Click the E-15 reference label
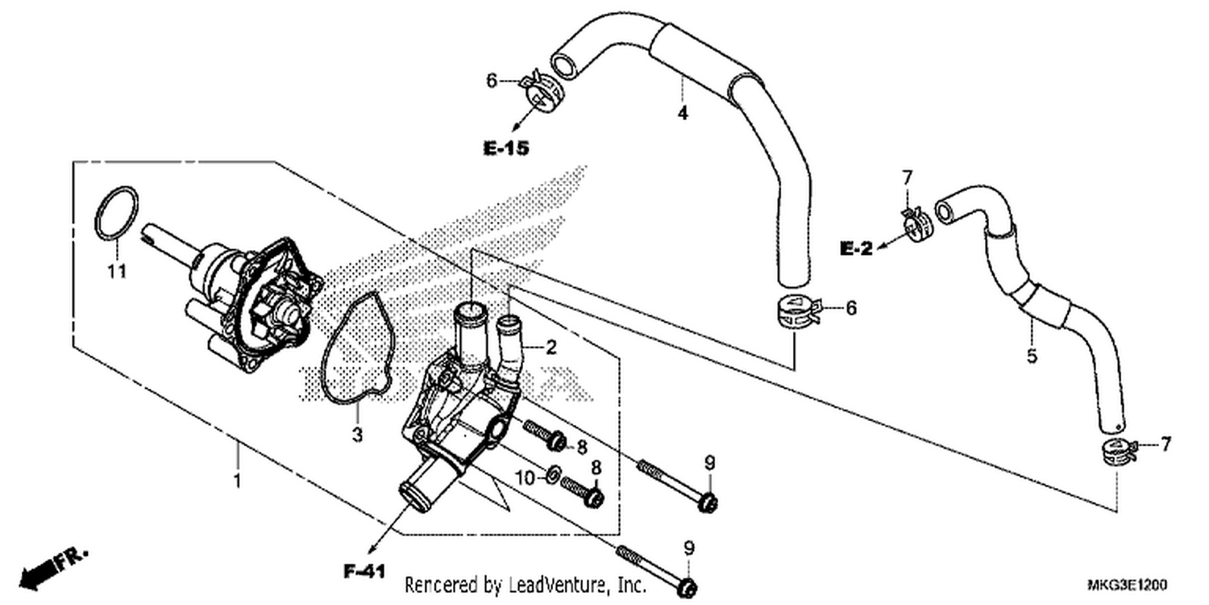(x=505, y=148)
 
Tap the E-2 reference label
(x=857, y=248)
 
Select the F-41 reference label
(x=365, y=571)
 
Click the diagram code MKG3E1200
(x=1127, y=585)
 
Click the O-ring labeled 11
(x=117, y=212)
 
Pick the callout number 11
(x=117, y=271)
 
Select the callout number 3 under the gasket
(x=357, y=434)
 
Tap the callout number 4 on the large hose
(x=683, y=114)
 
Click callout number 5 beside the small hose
(x=1032, y=356)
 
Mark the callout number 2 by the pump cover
(x=550, y=348)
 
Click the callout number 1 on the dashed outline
(x=236, y=481)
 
